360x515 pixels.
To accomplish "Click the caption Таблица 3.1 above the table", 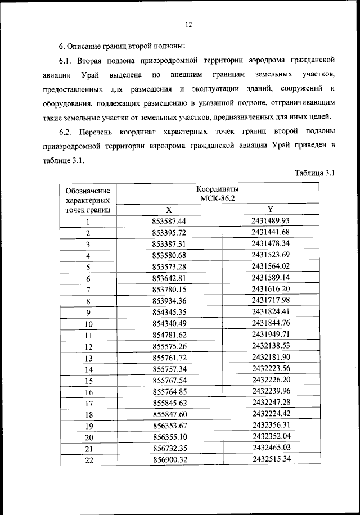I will point(314,174).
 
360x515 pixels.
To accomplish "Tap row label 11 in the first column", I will point(88,335).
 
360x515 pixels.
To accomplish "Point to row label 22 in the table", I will point(88,460).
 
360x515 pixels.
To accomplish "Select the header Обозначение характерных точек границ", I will point(88,200).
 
